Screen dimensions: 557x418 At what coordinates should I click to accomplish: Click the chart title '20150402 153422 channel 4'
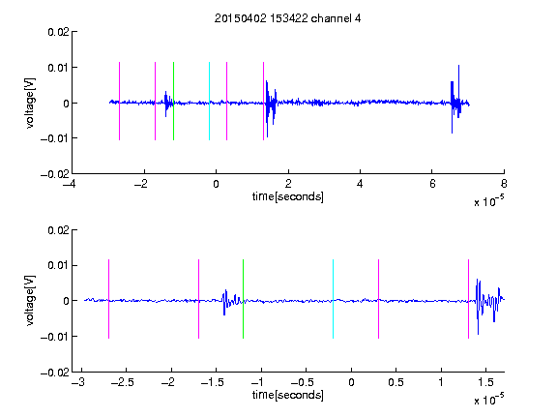287,18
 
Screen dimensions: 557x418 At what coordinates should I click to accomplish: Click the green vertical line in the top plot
173,101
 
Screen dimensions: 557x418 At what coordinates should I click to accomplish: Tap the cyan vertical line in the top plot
209,101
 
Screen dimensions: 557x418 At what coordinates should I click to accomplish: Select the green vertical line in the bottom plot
243,299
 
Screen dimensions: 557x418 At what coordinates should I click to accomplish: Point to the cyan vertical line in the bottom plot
333,299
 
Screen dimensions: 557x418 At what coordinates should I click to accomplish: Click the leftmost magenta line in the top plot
119,101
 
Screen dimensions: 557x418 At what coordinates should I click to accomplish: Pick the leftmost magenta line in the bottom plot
108,299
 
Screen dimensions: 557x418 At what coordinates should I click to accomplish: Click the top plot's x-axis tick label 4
360,184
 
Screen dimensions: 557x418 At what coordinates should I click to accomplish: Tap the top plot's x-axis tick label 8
504,184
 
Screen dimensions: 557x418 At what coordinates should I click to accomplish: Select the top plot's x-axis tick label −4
70,184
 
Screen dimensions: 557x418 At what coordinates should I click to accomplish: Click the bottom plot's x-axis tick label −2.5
123,382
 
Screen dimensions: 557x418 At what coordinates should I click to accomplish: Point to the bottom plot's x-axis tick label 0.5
396,382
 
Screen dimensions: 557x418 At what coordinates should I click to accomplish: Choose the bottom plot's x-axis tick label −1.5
213,382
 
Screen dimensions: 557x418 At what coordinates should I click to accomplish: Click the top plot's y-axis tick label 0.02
58,32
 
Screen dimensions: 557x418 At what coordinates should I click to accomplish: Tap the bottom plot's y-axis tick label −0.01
55,337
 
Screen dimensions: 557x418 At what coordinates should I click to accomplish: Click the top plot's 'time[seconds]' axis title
288,196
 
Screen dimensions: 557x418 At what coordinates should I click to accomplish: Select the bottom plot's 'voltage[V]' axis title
31,300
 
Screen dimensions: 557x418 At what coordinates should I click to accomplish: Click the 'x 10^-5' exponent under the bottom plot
488,400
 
